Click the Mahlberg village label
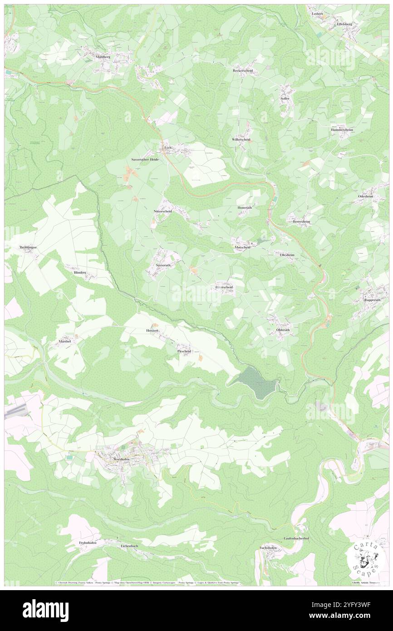[103, 57]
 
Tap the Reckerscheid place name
[242, 71]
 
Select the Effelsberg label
[345, 24]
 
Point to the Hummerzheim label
[342, 130]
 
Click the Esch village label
[167, 147]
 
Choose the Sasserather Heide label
[145, 160]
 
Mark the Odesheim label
[365, 196]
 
